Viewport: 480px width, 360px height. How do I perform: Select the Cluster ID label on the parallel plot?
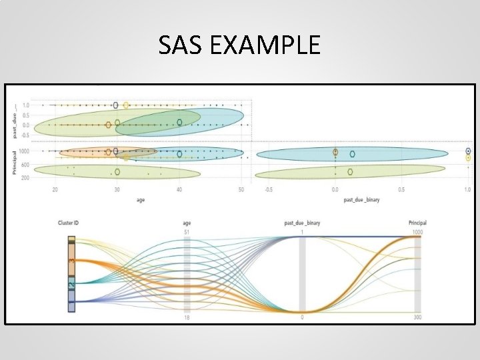(73, 223)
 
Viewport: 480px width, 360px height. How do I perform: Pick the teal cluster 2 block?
(71, 283)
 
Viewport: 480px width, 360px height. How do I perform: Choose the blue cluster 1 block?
(71, 301)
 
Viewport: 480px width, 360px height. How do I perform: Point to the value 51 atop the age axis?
(187, 231)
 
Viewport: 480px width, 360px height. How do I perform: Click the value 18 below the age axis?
(188, 317)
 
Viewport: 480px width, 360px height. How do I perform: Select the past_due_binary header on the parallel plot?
(302, 223)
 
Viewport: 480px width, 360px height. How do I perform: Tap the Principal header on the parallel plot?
(417, 223)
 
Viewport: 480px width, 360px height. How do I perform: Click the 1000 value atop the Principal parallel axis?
(417, 231)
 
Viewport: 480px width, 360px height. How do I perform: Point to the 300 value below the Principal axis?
(418, 317)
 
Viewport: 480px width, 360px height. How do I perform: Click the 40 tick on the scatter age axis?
(179, 190)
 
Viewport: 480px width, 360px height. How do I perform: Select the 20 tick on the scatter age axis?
(55, 190)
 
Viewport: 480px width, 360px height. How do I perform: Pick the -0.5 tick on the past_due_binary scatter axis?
(268, 190)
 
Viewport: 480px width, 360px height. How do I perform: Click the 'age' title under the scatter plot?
(141, 199)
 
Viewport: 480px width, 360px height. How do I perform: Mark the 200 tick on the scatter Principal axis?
(25, 178)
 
